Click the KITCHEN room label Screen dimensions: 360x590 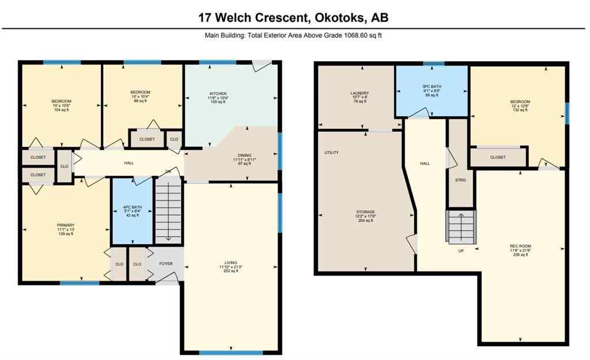coord(218,93)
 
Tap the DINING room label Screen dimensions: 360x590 coord(245,155)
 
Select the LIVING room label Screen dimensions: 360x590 coord(230,263)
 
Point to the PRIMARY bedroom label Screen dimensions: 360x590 coord(65,225)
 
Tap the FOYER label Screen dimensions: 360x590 coord(167,264)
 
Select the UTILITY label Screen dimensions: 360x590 coord(331,153)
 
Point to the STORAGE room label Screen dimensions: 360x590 coord(365,212)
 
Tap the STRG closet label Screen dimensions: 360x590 coord(460,180)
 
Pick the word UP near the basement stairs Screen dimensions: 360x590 coord(460,251)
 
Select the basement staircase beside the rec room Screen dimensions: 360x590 coord(462,226)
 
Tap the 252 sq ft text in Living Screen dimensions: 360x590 coord(230,271)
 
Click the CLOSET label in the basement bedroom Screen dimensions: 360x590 coord(498,157)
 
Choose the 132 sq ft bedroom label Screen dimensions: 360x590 coord(519,110)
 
